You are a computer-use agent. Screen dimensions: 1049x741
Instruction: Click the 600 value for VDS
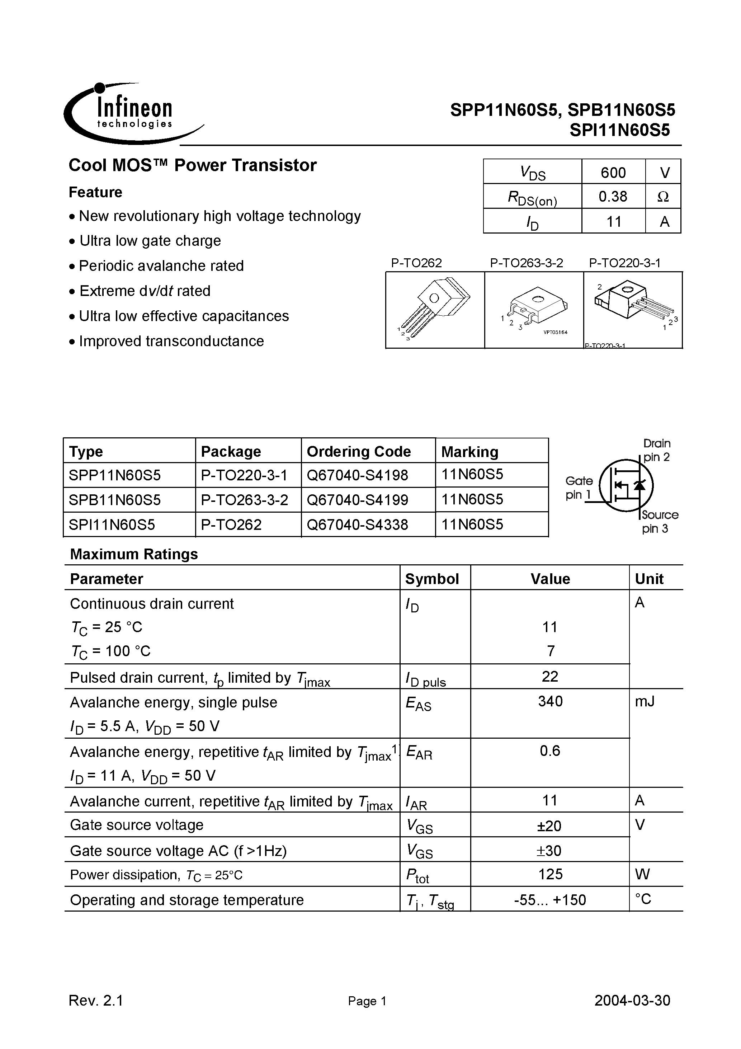(613, 172)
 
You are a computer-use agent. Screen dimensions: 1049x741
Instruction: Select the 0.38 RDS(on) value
(613, 197)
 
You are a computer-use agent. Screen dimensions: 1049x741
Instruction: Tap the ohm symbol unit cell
(663, 197)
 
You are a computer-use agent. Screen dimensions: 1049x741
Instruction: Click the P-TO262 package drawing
(435, 310)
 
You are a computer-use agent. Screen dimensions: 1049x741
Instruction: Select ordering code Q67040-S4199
(357, 500)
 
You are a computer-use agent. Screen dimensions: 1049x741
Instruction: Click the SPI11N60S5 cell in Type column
(112, 524)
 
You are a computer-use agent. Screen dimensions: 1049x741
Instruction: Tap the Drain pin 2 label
(656, 450)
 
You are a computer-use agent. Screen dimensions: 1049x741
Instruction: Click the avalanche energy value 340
(550, 701)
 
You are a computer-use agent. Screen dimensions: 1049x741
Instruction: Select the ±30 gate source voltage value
(550, 851)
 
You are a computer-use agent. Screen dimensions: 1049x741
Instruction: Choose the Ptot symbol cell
(417, 875)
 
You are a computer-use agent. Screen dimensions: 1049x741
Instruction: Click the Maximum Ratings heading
(134, 554)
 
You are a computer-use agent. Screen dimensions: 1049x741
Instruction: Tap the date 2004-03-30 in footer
(632, 1000)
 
